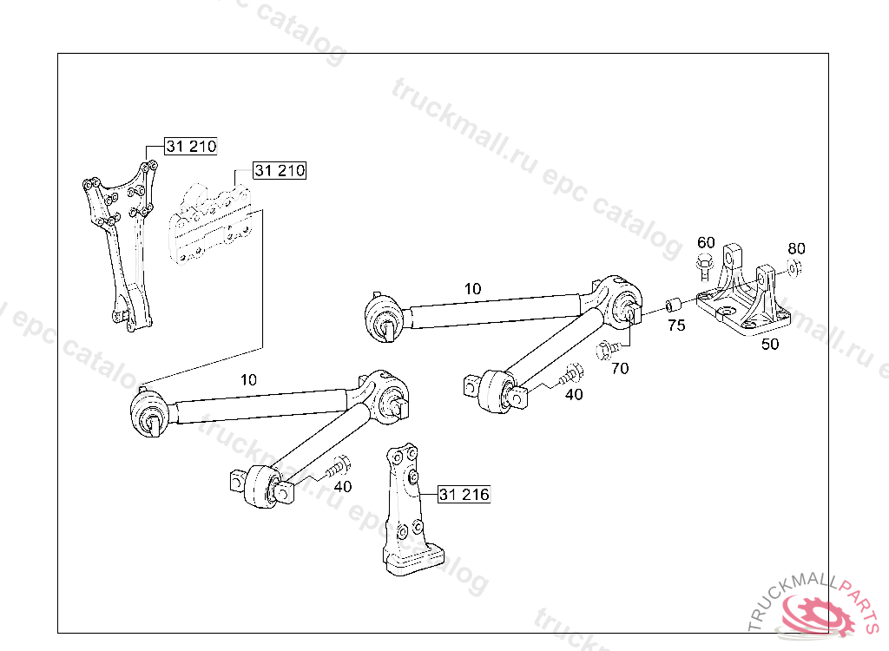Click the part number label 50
[770, 343]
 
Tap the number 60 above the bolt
[706, 241]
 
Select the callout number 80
[796, 248]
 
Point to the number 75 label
[676, 326]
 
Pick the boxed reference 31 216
[464, 495]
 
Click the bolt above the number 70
[607, 351]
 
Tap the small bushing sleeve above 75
[671, 306]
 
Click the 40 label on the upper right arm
[574, 394]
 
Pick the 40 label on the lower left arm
[342, 486]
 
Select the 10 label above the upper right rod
[472, 288]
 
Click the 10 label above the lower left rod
[249, 379]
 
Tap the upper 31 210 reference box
[191, 147]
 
